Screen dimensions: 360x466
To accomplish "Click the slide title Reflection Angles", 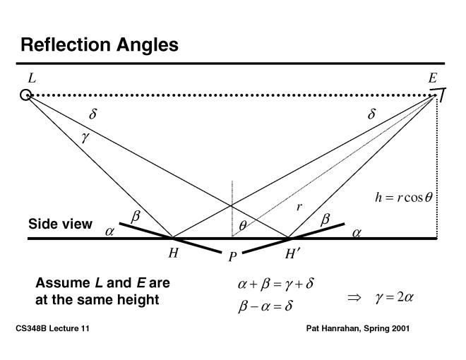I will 99,45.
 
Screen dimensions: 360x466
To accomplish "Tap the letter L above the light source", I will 31,78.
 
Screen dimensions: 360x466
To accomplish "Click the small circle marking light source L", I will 26,95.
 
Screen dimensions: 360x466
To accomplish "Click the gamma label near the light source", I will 85,138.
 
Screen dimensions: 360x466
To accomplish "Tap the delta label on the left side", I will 92,114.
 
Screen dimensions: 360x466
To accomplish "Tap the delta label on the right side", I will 371,114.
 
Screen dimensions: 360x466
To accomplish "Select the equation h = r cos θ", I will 402,198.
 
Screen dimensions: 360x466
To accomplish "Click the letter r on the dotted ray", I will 299,207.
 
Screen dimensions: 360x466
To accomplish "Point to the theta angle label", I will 242,226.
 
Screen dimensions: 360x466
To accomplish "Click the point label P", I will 231,258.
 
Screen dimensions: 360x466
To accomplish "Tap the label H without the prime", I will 172,254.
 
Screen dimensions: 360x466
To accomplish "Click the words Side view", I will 60,224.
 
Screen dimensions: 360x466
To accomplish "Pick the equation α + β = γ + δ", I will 275,285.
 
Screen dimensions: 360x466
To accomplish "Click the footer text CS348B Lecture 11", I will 52,329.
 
